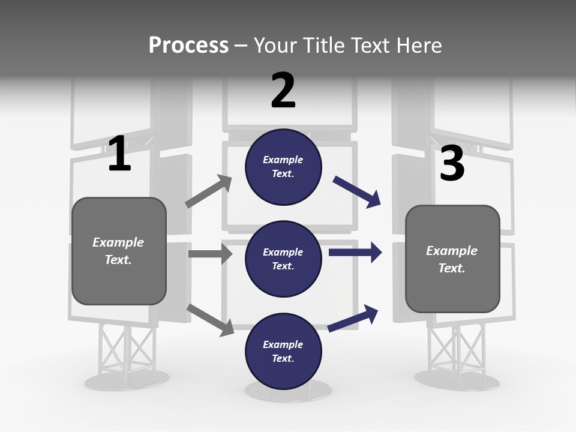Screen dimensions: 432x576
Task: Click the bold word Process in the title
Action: coord(188,46)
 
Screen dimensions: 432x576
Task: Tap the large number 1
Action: coord(119,154)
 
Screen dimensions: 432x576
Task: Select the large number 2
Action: coord(283,91)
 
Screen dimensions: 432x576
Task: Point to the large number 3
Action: coord(452,163)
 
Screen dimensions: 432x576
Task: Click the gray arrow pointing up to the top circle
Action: coord(208,191)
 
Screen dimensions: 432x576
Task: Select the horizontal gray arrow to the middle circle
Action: coord(210,254)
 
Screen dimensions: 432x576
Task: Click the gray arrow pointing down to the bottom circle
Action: coord(210,319)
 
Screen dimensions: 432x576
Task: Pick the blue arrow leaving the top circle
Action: coord(357,192)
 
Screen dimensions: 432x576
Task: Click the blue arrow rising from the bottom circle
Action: coord(353,319)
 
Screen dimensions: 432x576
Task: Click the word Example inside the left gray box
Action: coord(118,242)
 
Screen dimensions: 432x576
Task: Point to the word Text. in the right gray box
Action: coord(452,268)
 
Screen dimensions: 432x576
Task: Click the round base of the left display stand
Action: coord(126,380)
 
